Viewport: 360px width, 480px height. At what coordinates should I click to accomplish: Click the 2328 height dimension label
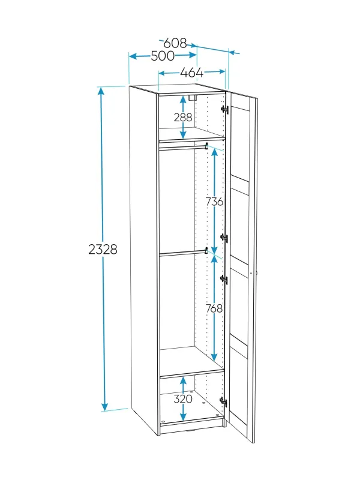point(103,250)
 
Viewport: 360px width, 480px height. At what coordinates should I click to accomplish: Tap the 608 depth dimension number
point(175,43)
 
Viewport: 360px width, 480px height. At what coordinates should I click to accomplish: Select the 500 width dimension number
point(163,56)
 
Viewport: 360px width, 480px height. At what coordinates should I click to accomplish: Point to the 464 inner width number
point(191,73)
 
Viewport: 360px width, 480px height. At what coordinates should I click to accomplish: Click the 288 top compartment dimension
point(183,117)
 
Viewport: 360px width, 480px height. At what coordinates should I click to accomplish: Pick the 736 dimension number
point(214,202)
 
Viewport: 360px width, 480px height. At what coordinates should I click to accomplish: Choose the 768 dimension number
point(214,308)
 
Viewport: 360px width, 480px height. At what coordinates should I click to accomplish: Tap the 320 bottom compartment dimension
point(183,399)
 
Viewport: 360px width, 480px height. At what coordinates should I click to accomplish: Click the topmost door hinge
point(225,109)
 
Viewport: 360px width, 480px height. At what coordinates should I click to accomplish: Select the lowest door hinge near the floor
point(224,402)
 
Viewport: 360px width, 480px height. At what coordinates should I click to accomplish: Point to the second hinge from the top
point(224,238)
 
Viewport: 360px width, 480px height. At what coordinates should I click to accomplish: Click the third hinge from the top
point(224,280)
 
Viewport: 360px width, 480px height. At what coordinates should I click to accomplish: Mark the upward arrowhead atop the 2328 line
point(101,91)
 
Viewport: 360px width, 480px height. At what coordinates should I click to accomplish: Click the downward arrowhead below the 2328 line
point(104,407)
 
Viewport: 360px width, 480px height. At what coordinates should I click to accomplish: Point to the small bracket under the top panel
point(192,98)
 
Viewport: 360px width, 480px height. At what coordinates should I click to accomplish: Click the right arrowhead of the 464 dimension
point(221,72)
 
